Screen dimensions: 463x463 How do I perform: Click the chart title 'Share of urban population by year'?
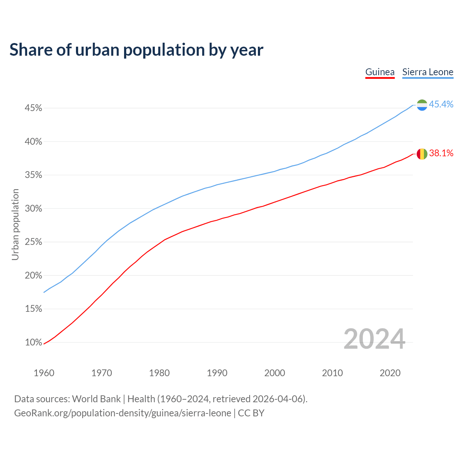point(136,50)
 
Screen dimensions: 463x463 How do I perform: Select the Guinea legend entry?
point(380,72)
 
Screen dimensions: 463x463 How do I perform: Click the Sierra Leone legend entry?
point(428,72)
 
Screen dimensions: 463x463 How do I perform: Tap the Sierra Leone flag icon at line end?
point(422,105)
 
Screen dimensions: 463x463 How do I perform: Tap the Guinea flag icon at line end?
point(422,154)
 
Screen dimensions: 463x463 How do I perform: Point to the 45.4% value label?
point(441,104)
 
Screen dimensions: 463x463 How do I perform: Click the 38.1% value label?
point(441,153)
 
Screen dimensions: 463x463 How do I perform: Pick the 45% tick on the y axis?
point(33,108)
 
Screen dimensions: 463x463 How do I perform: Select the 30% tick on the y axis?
point(33,209)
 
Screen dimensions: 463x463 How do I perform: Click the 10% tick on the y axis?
point(33,343)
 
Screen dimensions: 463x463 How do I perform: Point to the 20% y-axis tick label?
point(33,276)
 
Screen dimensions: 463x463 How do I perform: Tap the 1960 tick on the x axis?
point(44,373)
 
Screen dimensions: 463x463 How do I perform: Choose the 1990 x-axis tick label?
point(217,373)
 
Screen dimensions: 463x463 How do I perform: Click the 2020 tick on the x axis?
point(390,373)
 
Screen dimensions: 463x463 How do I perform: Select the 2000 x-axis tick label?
point(275,373)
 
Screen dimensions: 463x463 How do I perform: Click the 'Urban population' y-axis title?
point(15,224)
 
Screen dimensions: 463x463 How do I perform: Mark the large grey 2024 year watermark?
point(374,339)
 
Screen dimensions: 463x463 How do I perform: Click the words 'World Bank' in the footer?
point(96,399)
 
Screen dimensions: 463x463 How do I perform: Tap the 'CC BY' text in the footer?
point(251,413)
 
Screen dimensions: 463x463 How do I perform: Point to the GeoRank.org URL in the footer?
point(122,413)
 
